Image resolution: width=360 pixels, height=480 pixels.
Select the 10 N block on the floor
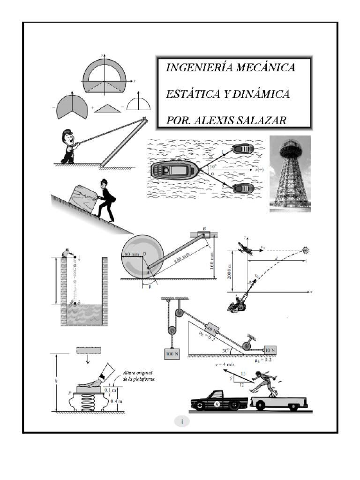click(270, 350)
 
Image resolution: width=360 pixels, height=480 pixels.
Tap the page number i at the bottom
click(182, 421)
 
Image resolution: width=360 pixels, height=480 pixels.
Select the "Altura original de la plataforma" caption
click(139, 375)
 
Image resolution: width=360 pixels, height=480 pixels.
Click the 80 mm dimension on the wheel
click(132, 255)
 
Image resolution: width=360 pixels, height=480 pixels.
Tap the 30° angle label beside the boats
click(213, 166)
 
